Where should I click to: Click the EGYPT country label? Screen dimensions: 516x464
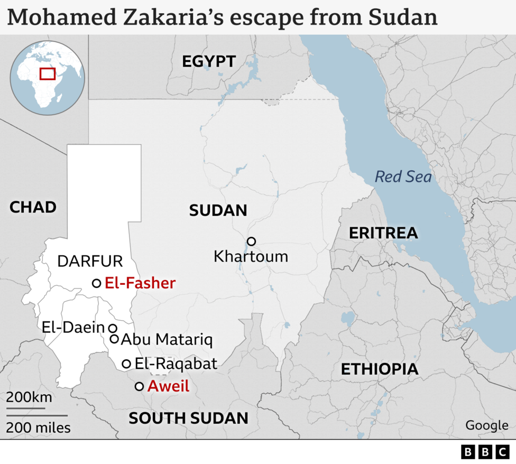[x=208, y=61]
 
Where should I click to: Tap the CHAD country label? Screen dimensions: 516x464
[x=33, y=207]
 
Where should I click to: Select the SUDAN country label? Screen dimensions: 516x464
[x=218, y=210]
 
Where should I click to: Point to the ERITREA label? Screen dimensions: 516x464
[x=383, y=233]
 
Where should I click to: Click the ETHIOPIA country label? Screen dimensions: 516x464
[x=379, y=369]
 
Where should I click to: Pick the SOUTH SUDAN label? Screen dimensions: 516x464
[x=188, y=418]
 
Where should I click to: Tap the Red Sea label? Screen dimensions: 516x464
[x=403, y=177]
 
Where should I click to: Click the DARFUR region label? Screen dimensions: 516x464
[x=90, y=261]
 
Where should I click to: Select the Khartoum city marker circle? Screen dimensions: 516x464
[x=251, y=242]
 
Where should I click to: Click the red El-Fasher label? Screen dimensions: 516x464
[x=140, y=283]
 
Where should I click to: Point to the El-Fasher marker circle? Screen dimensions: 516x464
[x=96, y=283]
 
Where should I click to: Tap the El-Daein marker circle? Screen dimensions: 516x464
[x=113, y=328]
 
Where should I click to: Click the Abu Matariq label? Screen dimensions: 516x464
[x=167, y=340]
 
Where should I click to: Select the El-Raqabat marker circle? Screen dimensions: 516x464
[x=126, y=364]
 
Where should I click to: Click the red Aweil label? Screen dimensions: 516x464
[x=168, y=386]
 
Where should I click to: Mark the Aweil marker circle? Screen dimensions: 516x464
[x=139, y=386]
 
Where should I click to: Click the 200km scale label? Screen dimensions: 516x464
[x=29, y=397]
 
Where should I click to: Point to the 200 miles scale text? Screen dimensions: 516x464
[x=38, y=427]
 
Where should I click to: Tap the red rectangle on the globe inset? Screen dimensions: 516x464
[x=48, y=73]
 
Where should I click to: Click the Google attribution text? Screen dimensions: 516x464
[x=486, y=425]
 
